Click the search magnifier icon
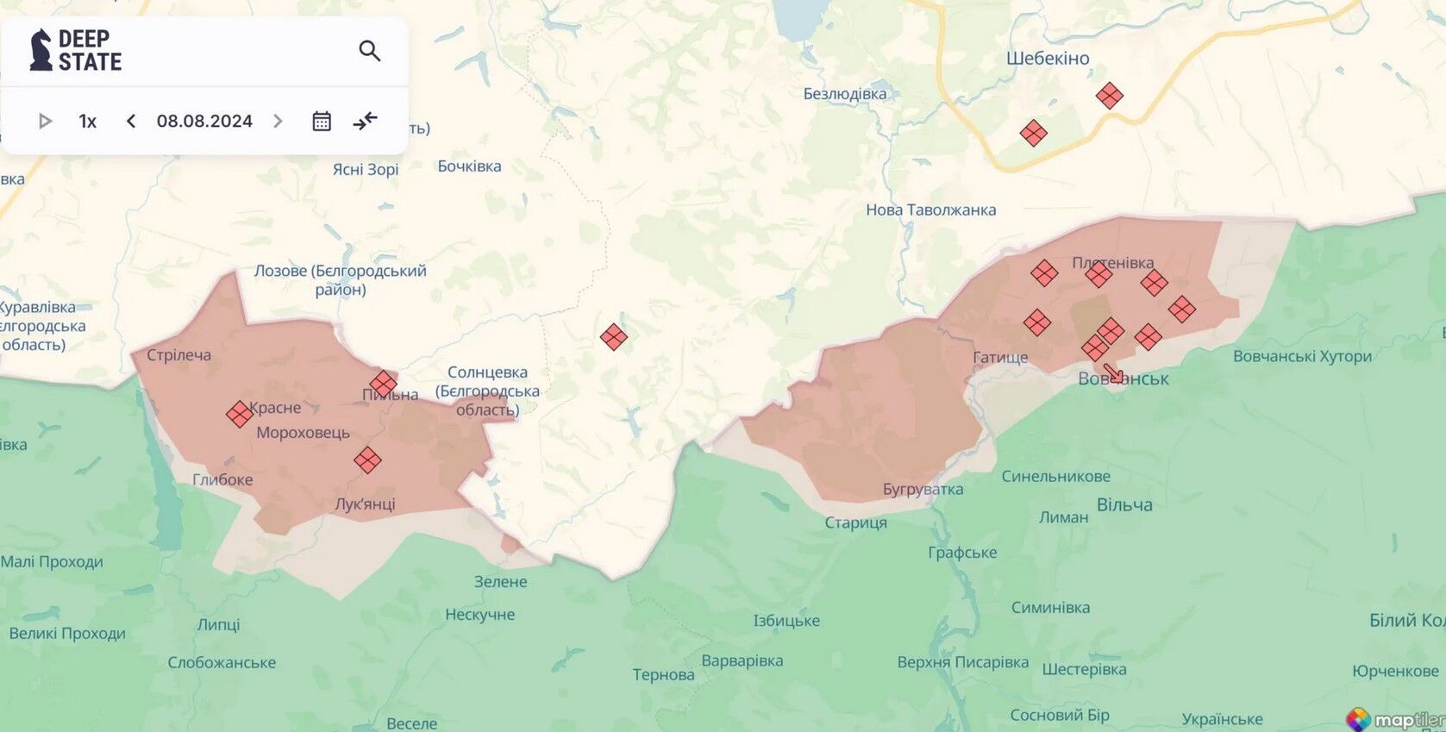(369, 51)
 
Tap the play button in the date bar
(45, 122)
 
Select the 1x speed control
(87, 122)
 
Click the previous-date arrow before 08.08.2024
(131, 122)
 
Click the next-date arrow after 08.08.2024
(278, 122)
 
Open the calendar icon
(321, 122)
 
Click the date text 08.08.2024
(204, 122)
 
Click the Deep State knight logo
(41, 50)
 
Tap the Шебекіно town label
(1048, 59)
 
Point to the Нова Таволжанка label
(930, 210)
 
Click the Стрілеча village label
(178, 355)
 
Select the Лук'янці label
(365, 504)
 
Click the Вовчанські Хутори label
(1302, 357)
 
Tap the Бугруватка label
(923, 490)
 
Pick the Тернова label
(663, 675)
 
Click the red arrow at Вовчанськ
(1113, 373)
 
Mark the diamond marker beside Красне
(239, 415)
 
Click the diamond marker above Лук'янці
(367, 460)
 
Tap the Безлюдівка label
(844, 94)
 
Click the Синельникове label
(1055, 477)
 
